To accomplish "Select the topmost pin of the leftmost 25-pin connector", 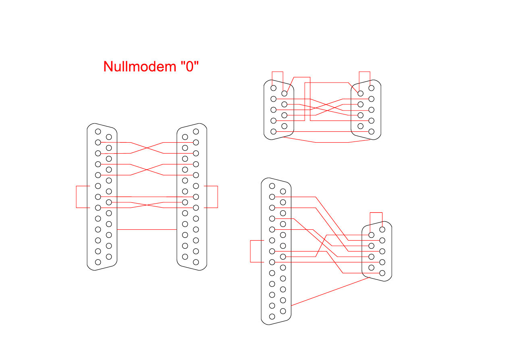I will coord(98,131).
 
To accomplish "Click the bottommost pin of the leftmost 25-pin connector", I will coord(98,262).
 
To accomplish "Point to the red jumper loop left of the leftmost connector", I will coord(77,197).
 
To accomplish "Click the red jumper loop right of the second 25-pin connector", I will coord(217,197).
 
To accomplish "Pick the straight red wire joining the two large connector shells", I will coord(147,229).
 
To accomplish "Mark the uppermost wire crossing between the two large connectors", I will coord(147,148).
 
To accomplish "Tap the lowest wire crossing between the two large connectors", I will coord(147,205).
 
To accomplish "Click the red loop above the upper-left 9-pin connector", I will coord(278,72).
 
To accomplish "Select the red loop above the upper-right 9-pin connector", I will coord(364,72).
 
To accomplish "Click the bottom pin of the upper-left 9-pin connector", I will coord(274,131).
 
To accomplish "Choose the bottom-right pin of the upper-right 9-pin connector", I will coord(371,131).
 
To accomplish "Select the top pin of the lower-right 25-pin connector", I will coord(272,186).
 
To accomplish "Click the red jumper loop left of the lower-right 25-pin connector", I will coord(251,251).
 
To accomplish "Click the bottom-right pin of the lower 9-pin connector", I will coord(382,273).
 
